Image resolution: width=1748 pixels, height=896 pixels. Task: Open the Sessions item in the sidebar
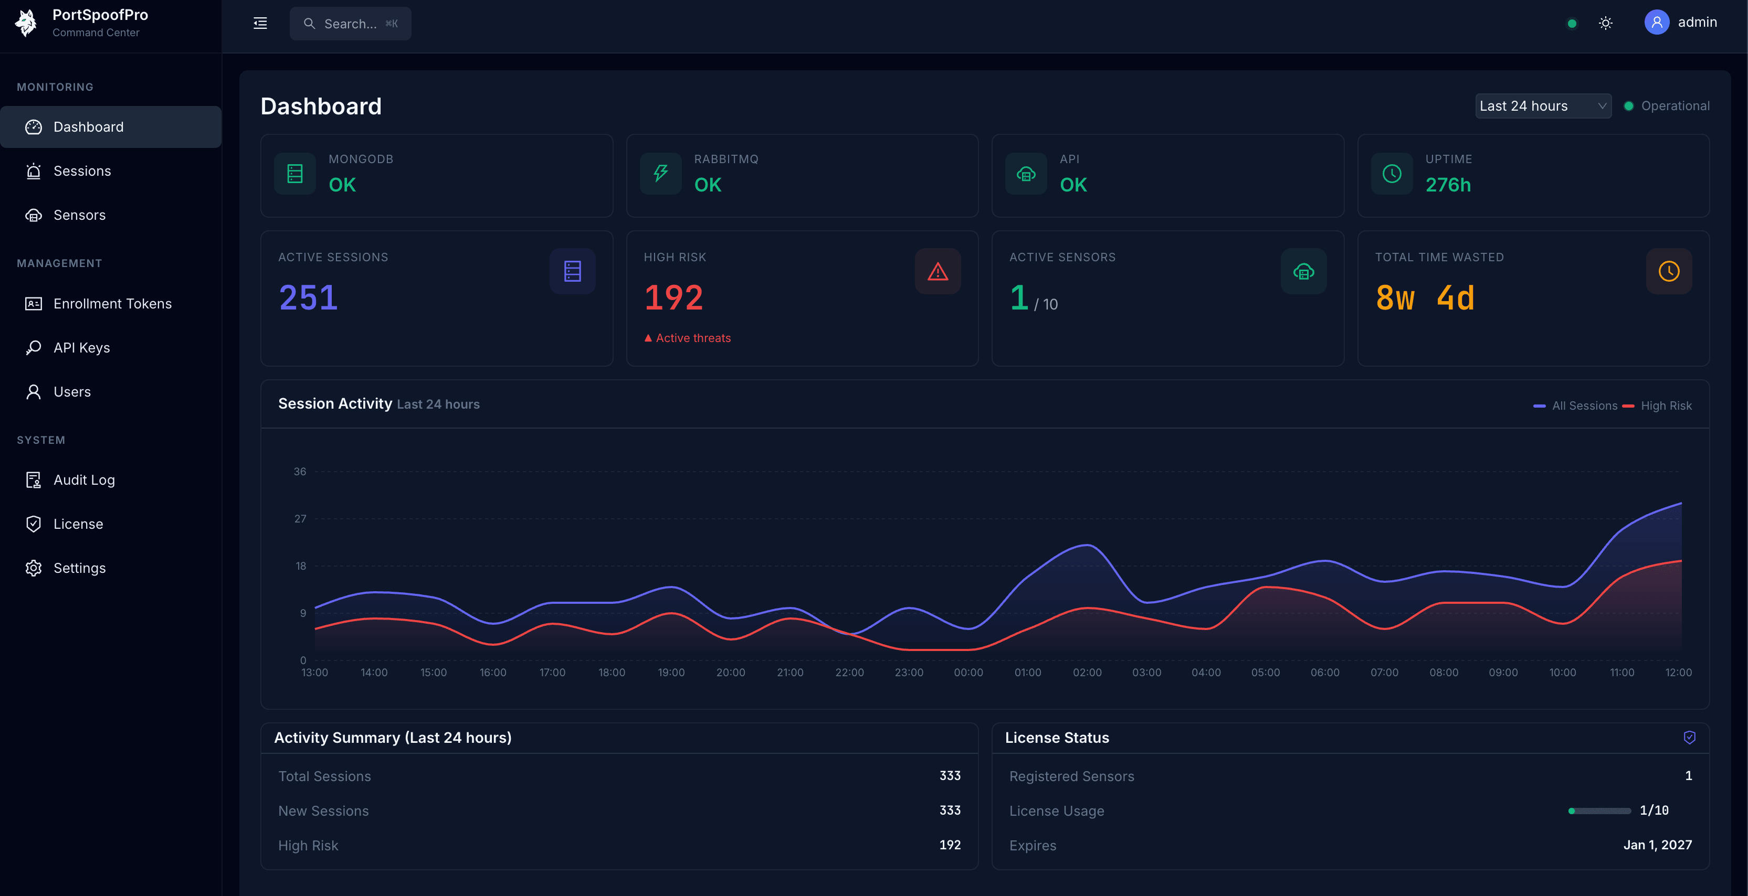[x=81, y=171]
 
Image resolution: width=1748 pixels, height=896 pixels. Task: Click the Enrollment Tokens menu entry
[x=112, y=304]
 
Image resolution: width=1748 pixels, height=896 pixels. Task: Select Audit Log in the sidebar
[x=83, y=480]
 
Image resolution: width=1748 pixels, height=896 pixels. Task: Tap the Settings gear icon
[x=33, y=569]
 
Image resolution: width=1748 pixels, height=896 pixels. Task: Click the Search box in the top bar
[x=350, y=24]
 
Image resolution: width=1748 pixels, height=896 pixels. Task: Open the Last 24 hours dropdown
[x=1542, y=106]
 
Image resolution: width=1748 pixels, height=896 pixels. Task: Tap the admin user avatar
[x=1656, y=23]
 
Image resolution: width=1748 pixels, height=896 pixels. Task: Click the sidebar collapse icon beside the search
[x=260, y=24]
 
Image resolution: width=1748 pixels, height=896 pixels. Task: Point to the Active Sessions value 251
[x=308, y=298]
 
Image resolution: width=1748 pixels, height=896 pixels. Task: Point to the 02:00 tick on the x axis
[x=1087, y=672]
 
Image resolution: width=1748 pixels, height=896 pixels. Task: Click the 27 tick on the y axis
[x=300, y=519]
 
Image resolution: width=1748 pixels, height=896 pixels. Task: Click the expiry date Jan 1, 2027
[x=1657, y=845]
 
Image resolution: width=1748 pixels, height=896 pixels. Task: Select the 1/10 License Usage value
[x=1654, y=810]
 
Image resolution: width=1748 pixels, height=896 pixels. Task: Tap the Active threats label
[x=692, y=338]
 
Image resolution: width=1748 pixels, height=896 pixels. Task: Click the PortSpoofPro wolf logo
[x=26, y=23]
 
